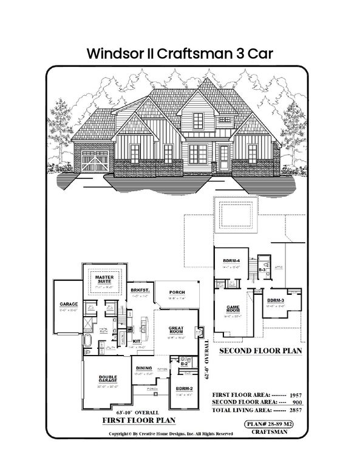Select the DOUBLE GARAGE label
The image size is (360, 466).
tap(108, 379)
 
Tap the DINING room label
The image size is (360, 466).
tap(144, 368)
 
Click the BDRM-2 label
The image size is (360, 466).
tap(184, 388)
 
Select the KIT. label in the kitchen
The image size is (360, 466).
tap(137, 341)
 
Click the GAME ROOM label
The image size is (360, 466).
tap(233, 309)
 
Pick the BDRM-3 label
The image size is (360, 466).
tap(276, 300)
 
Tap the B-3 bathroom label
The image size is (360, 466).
tap(262, 268)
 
